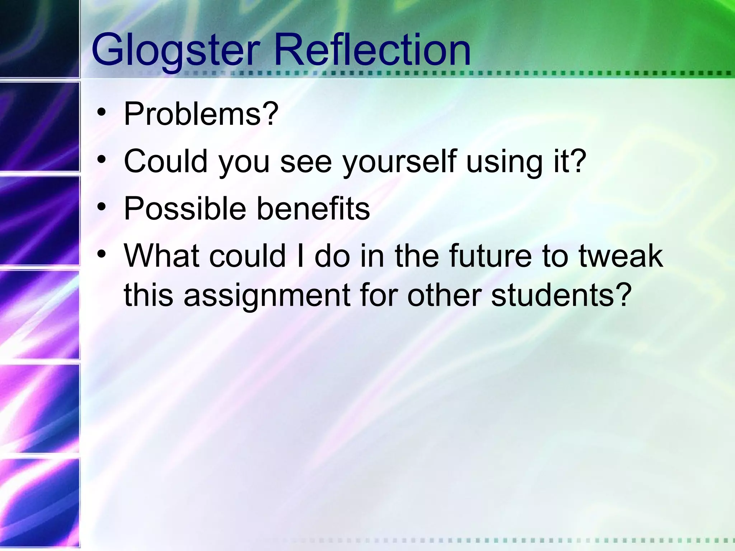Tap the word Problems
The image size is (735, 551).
click(192, 114)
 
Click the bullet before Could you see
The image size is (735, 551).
click(102, 159)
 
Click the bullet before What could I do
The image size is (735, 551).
click(102, 254)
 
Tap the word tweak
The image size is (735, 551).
click(621, 256)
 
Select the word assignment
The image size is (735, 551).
click(267, 296)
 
